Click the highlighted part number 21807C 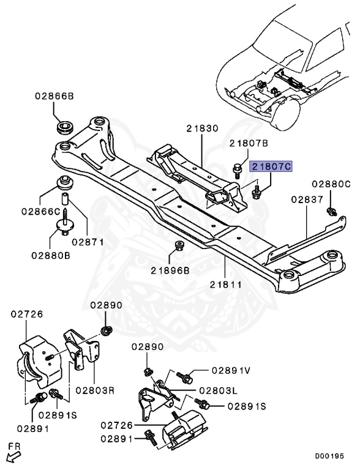pos(271,166)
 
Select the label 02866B pos(54,97)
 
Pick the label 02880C pos(331,184)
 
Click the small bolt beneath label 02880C pos(331,211)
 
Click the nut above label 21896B pos(179,246)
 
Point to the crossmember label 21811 pos(225,285)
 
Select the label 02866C pos(39,211)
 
